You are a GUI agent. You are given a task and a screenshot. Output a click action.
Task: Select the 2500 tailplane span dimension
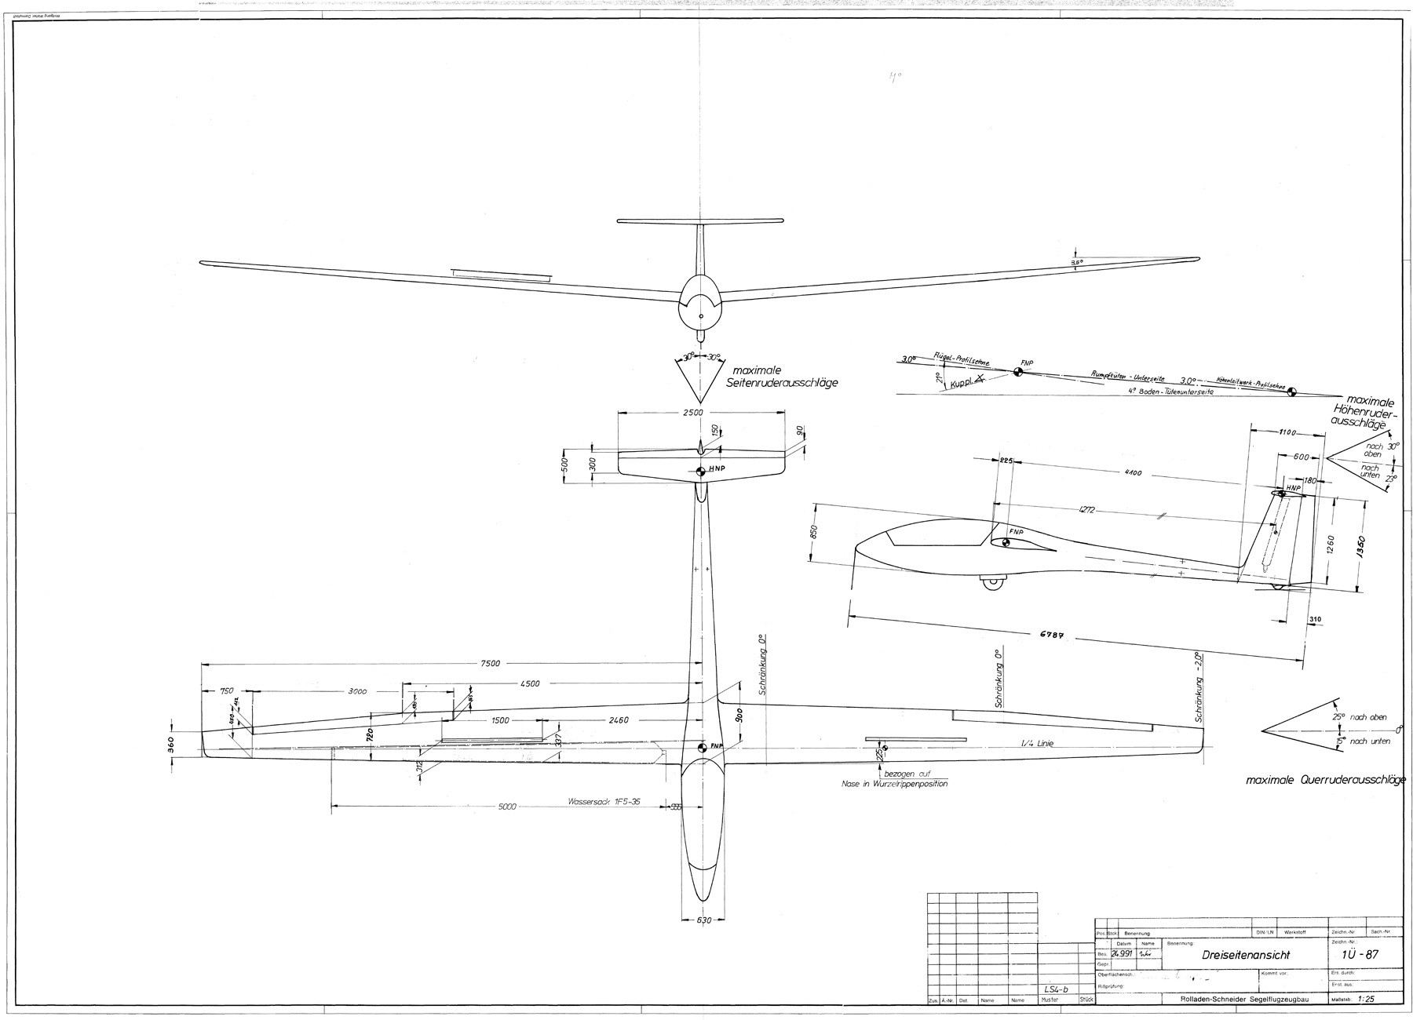click(692, 413)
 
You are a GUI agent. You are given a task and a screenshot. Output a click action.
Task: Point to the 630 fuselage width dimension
click(703, 920)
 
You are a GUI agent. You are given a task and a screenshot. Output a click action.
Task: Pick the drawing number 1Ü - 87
click(1361, 955)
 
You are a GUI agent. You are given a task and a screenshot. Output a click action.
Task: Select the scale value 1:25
click(1364, 1000)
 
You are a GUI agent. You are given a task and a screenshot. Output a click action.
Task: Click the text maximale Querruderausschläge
click(1324, 781)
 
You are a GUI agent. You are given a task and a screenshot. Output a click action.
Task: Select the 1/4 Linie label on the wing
click(1036, 742)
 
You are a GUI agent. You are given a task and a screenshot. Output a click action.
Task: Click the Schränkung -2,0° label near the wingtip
click(1199, 687)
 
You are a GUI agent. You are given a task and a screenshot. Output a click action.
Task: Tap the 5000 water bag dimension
click(508, 806)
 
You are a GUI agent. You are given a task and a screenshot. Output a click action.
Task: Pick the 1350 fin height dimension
click(1361, 545)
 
